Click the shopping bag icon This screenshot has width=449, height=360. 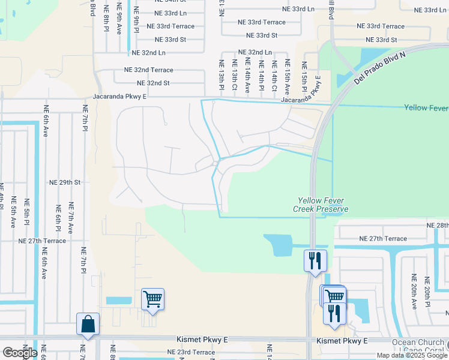point(88,325)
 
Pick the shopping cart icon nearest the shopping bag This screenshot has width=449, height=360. point(152,299)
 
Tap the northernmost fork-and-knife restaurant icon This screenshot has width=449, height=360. point(315,260)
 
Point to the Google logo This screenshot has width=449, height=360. point(19,353)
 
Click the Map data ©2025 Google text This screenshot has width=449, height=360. point(412,355)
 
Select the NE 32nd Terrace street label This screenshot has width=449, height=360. point(148,70)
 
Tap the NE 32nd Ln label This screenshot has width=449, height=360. point(255,53)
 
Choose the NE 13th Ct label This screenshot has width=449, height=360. point(234,75)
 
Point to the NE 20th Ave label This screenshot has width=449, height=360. point(413,292)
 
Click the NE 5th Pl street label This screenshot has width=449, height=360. point(26,213)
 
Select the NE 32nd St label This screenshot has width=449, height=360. point(153,83)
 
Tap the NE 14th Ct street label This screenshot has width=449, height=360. point(274,75)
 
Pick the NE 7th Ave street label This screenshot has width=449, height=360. point(71,218)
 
